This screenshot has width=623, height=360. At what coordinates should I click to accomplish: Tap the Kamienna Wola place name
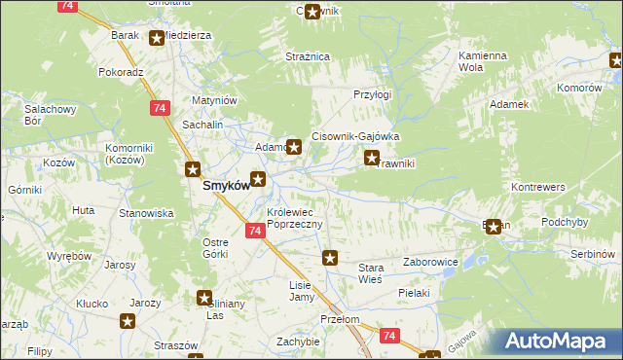pos(483,62)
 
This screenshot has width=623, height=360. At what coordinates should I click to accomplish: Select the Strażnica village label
pos(307,57)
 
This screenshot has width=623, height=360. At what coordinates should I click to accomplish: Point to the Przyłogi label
pos(372,95)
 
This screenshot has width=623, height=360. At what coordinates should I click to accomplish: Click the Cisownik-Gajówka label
pos(355,137)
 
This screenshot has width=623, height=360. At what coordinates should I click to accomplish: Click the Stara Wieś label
pos(371,272)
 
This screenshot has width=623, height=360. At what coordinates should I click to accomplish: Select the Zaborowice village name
pos(431,262)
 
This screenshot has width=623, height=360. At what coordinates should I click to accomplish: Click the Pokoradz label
pos(121,72)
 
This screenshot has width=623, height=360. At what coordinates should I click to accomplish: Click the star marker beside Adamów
pos(292,148)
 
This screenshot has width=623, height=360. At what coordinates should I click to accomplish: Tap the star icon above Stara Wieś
pos(330,258)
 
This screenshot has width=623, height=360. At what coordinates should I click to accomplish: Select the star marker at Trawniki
pos(371,157)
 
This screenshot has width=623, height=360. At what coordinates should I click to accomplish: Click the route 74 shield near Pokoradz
pos(157,107)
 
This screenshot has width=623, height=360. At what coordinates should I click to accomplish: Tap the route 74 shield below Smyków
pos(253,231)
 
